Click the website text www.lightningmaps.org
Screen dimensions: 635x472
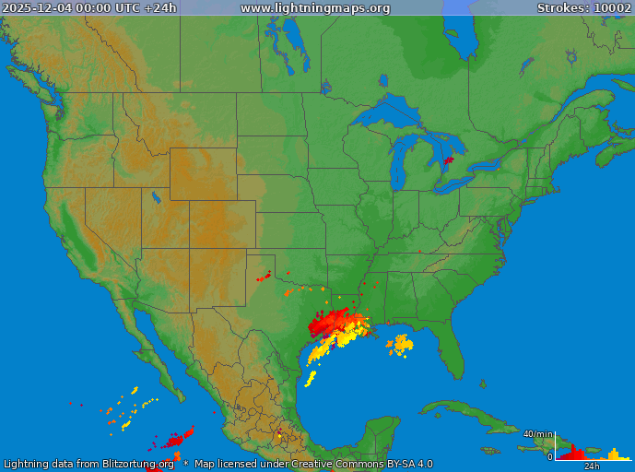pos(315,8)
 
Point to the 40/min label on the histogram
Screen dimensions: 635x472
pos(537,433)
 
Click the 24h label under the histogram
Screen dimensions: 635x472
pos(592,466)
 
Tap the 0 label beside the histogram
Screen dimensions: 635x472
pos(549,456)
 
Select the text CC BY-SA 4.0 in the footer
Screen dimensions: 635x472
pos(396,464)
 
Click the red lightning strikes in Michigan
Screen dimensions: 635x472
pos(449,160)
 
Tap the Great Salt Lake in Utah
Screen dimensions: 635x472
pos(154,196)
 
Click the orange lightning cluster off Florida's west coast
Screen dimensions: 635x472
pos(400,345)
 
